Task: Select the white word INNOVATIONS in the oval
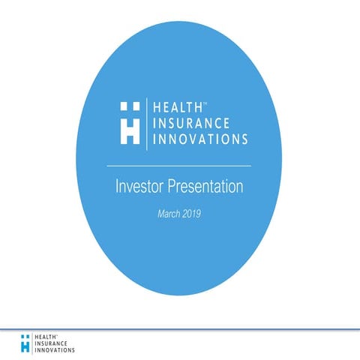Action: (201, 139)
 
